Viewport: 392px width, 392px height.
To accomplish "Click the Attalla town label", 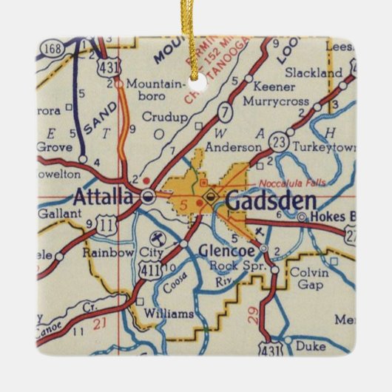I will [x=104, y=197].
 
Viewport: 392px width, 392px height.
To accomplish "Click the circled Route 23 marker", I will [x=278, y=139].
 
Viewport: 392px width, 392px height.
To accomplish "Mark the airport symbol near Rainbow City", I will [x=158, y=238].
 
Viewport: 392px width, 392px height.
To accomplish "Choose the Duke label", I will [x=309, y=345].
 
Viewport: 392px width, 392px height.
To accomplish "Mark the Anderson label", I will [x=224, y=147].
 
